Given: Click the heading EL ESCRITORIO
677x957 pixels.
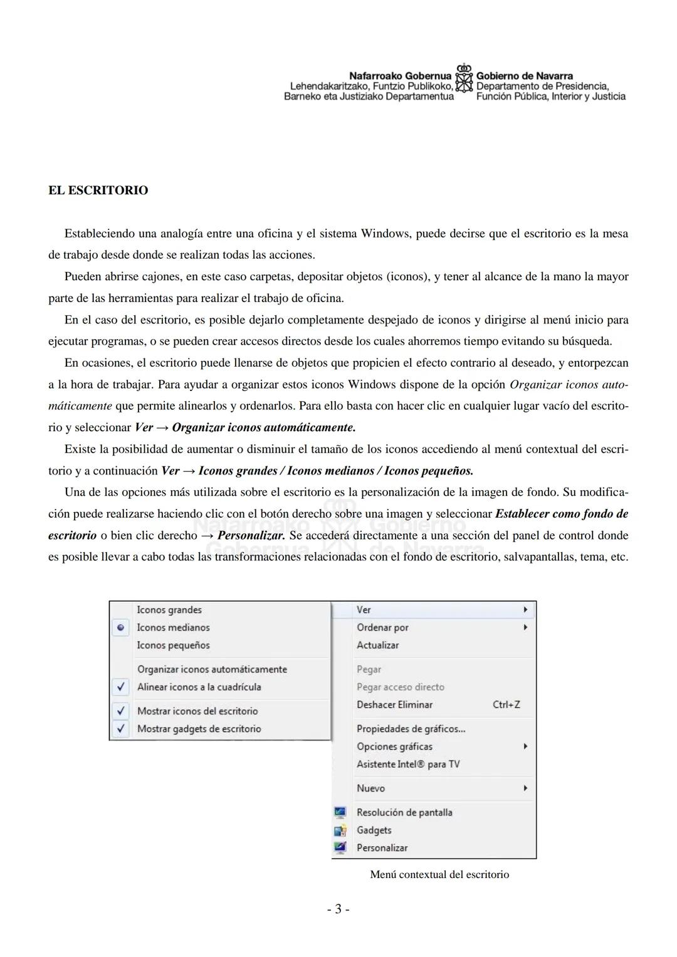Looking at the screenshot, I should (98, 191).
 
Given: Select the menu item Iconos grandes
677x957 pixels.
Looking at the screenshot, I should (169, 610).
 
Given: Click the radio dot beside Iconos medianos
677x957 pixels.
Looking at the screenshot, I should (121, 627).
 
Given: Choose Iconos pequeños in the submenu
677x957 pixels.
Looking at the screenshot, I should (173, 645).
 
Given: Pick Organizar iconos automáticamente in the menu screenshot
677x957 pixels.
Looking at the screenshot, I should (212, 669).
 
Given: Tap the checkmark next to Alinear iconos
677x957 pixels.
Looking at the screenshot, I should (121, 687).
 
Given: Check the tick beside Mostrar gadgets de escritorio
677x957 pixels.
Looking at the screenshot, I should (121, 729).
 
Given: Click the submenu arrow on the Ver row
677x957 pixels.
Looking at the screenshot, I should (525, 610).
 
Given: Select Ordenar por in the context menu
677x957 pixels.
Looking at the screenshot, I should (382, 627).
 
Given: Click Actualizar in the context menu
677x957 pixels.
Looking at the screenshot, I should (377, 645).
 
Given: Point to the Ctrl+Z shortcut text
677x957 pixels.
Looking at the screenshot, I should (506, 704).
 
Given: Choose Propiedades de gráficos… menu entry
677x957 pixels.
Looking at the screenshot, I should (411, 729).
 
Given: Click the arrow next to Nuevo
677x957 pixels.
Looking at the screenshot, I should (525, 788).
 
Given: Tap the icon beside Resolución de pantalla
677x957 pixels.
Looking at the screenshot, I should (340, 812).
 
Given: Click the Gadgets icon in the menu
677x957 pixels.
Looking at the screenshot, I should (340, 830).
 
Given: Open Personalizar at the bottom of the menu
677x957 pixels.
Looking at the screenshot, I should (382, 848).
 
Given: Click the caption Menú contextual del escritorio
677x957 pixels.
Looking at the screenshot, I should (439, 874).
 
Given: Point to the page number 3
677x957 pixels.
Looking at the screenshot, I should (338, 909).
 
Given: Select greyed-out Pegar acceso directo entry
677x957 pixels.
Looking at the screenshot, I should (400, 687).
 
